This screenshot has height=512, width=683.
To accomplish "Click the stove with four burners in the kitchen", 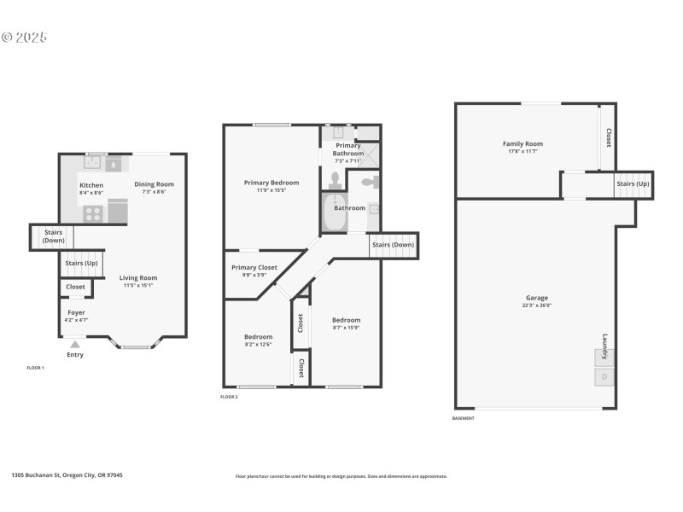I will [91, 212].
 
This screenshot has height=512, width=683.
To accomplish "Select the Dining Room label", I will [154, 184].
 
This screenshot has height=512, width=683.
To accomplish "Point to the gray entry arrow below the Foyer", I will [74, 344].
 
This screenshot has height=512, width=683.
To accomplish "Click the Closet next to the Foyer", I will [75, 287].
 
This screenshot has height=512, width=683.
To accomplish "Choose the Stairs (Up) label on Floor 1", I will [81, 263].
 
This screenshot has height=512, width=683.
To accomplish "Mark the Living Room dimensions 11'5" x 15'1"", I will [137, 285].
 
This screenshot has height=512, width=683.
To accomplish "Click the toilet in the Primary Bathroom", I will [336, 180].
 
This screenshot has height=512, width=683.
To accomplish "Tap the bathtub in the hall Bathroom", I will [333, 213].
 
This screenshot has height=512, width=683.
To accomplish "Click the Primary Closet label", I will [254, 268].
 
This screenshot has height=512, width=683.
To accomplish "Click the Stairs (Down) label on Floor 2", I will [393, 245].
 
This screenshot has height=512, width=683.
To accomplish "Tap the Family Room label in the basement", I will [522, 144].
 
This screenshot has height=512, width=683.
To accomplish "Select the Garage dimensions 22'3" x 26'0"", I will [537, 305].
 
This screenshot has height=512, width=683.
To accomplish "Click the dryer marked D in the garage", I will [604, 376].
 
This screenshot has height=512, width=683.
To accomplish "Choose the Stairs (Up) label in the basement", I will [633, 183].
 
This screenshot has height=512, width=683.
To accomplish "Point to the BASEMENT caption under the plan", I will [463, 418].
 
